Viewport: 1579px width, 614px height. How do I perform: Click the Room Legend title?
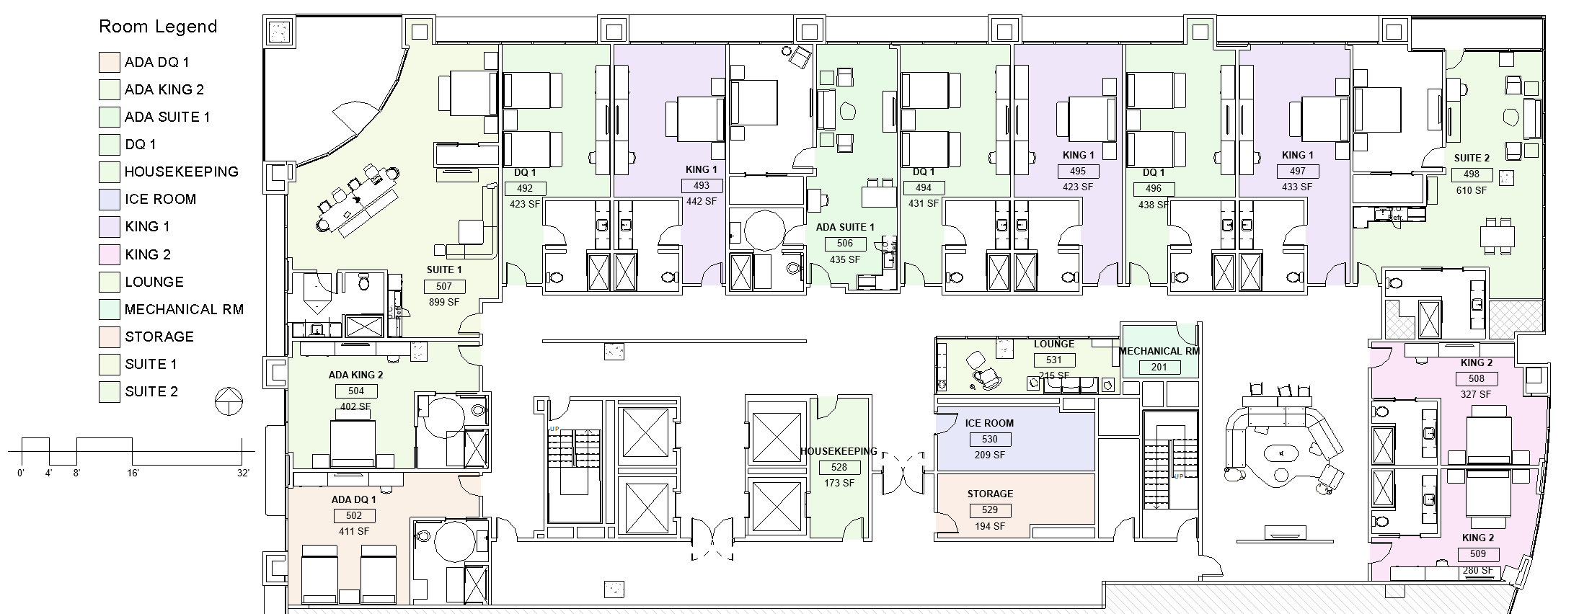[157, 27]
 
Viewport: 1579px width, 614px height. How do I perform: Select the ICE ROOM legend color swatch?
[109, 199]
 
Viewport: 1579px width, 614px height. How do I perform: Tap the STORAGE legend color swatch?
[109, 337]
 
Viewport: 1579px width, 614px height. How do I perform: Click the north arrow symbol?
[229, 401]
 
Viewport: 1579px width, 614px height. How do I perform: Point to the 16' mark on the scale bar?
[133, 473]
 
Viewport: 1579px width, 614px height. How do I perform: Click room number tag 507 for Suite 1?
[444, 286]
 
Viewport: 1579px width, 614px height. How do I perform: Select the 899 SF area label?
[444, 302]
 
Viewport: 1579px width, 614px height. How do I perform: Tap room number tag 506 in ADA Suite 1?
[845, 244]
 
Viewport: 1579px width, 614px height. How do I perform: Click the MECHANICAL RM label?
[1159, 351]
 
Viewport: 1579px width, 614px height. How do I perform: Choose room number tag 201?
[1159, 367]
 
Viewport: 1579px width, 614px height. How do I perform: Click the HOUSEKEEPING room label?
[839, 451]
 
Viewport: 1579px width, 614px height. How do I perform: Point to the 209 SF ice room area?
[989, 455]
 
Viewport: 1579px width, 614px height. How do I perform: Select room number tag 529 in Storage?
[989, 510]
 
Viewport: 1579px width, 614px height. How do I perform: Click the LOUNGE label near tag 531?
[1053, 344]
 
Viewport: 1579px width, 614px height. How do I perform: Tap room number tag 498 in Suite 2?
[1471, 174]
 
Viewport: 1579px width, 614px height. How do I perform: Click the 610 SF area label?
[1471, 190]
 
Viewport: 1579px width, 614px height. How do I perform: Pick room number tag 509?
[1477, 554]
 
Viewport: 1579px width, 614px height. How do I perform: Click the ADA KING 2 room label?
[355, 375]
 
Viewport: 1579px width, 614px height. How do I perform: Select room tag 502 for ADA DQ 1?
[353, 515]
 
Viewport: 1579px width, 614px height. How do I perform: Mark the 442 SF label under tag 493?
[701, 201]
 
